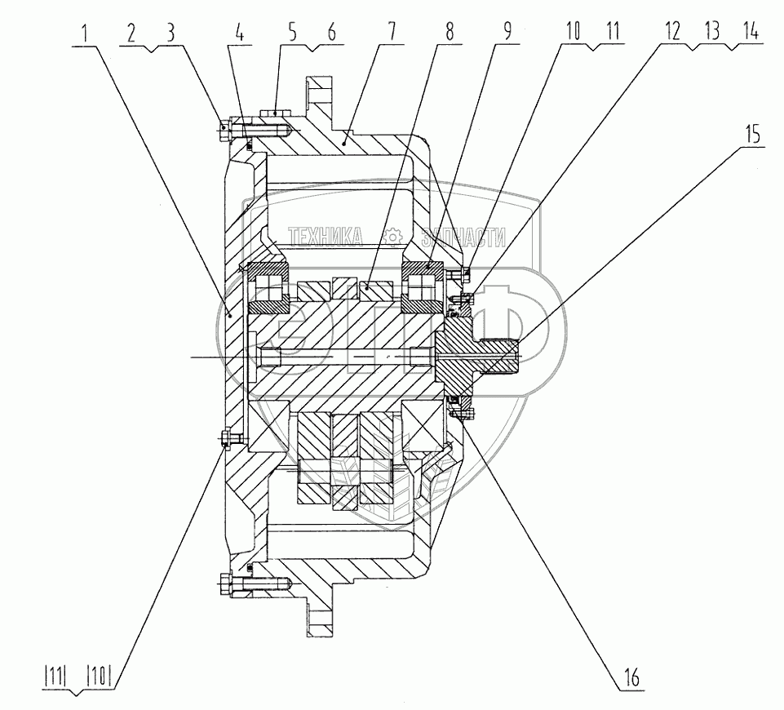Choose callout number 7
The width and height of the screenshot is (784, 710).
[x=391, y=33]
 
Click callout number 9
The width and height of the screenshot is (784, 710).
[x=507, y=33]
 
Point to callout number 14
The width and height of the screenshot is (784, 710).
[x=749, y=33]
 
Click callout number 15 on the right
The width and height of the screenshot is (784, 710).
[x=751, y=134]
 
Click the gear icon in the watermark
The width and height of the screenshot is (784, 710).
[x=392, y=237]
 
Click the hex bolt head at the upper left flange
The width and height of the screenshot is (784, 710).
[x=226, y=127]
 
